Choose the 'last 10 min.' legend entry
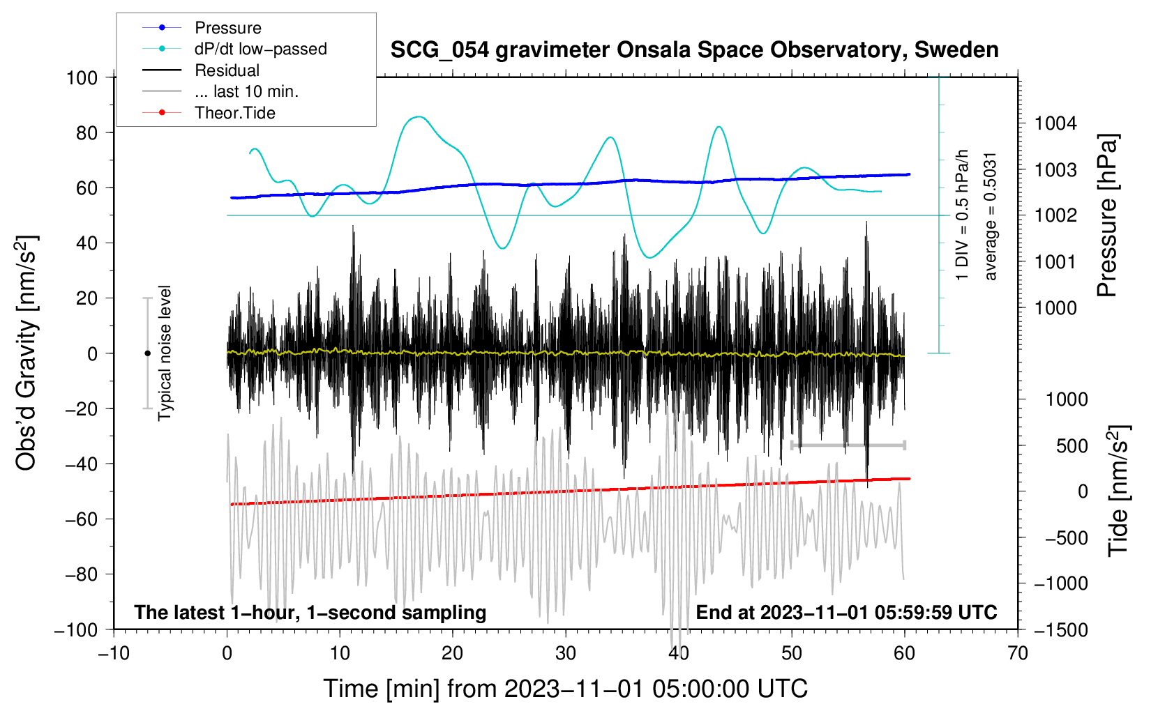(246, 91)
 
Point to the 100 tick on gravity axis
(82, 78)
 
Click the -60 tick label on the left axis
(81, 519)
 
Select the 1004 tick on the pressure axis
(1055, 123)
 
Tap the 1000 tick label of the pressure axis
(1055, 308)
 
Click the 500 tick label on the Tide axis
(1071, 446)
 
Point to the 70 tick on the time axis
(1017, 654)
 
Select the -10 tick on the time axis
(114, 654)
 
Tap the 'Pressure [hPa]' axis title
(1107, 215)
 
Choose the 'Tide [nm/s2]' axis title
(1119, 491)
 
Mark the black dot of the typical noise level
(147, 353)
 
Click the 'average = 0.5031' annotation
(990, 217)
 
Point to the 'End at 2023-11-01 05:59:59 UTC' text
(846, 612)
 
